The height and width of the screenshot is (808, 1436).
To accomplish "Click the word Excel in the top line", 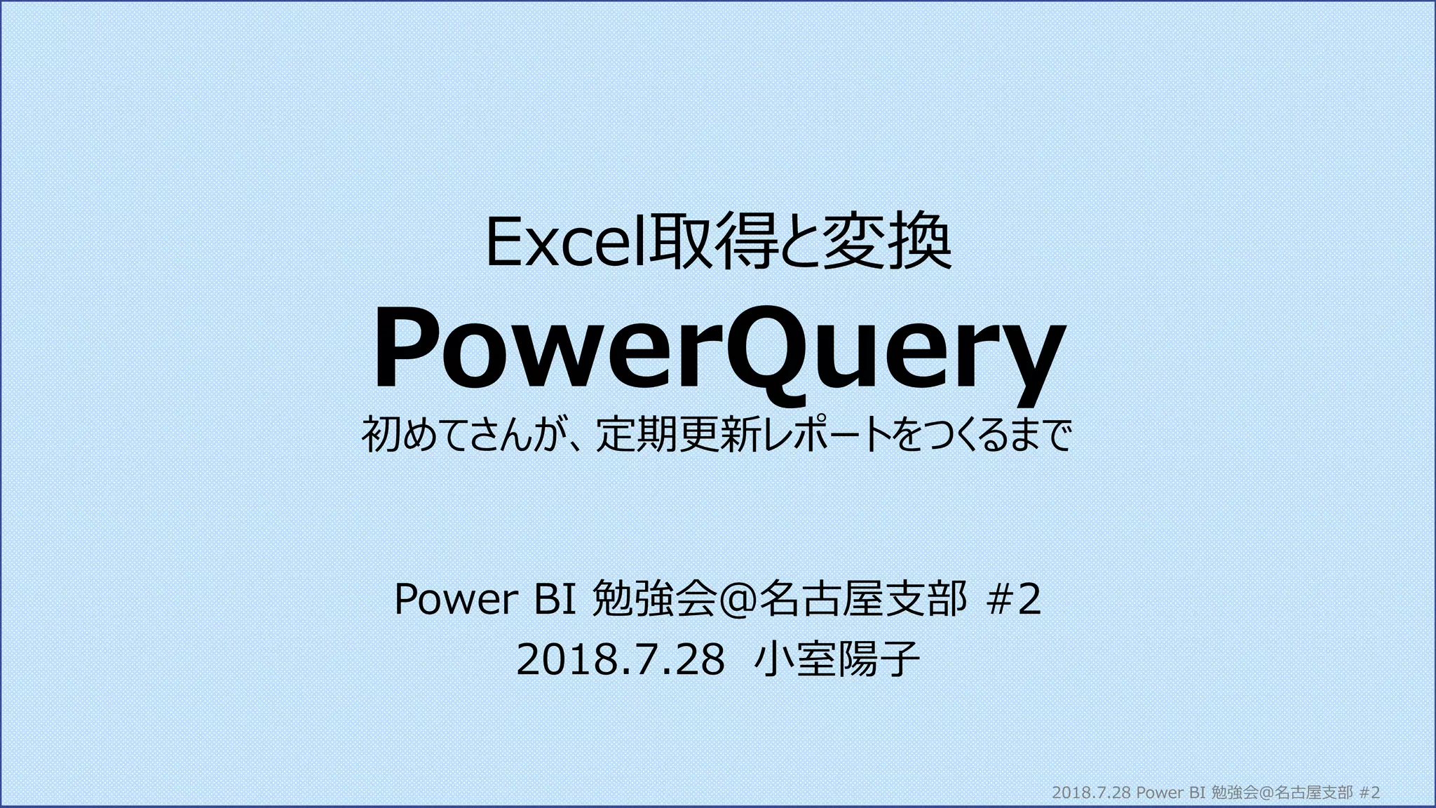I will [568, 243].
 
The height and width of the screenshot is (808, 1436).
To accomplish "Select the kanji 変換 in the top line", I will [887, 243].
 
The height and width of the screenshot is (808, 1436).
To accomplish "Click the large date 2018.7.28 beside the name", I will [620, 661].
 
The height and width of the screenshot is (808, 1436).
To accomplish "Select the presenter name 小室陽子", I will [836, 661].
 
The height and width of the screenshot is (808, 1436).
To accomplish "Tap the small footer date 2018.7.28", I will [1092, 793].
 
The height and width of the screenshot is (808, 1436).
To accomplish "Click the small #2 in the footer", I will [1369, 793].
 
